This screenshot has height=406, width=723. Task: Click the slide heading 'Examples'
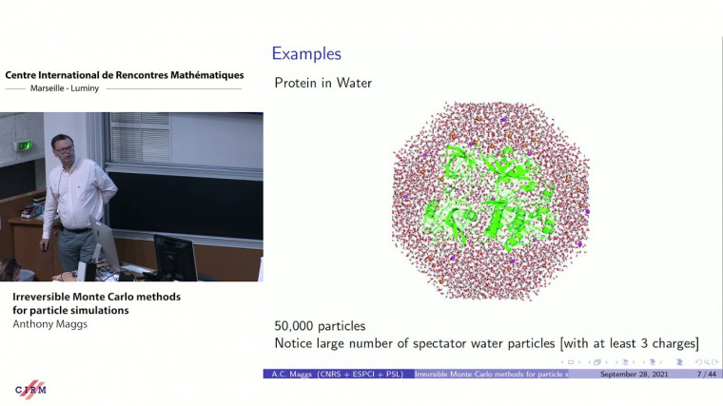[x=306, y=54]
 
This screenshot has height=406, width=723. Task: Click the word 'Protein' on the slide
[x=298, y=83]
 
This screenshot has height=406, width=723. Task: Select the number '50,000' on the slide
[x=300, y=325]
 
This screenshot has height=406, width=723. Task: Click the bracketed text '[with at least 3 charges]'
[x=617, y=342]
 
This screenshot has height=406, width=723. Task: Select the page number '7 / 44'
[x=681, y=375]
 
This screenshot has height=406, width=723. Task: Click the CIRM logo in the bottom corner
[x=30, y=390]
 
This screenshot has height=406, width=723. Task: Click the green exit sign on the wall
[x=26, y=145]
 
